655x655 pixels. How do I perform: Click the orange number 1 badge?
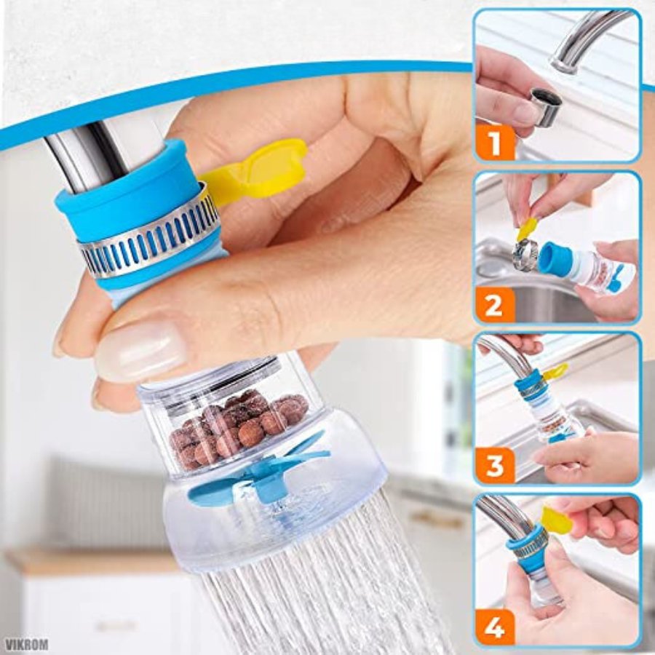tap(495, 143)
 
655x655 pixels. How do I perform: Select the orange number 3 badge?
tap(494, 465)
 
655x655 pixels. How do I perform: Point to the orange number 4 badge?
tap(494, 627)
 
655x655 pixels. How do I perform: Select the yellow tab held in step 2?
tap(527, 229)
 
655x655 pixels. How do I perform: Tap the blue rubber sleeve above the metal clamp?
tap(125, 196)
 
